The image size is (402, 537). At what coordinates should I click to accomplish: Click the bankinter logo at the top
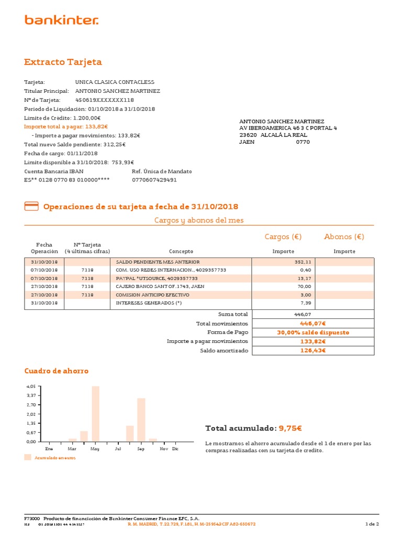61,20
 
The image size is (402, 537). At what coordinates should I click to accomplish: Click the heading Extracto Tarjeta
63,62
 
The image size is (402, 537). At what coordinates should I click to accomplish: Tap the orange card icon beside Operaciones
31,207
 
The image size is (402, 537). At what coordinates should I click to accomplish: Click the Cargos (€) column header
283,237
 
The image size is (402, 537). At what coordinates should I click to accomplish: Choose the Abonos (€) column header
344,237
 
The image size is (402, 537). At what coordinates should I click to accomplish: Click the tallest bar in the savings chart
95,414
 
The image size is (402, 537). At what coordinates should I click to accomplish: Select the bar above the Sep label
141,420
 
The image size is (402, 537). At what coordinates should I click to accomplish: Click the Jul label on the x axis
118,449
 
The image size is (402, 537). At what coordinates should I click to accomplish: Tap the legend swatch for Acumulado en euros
28,458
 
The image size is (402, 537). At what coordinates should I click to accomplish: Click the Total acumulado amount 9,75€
290,428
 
